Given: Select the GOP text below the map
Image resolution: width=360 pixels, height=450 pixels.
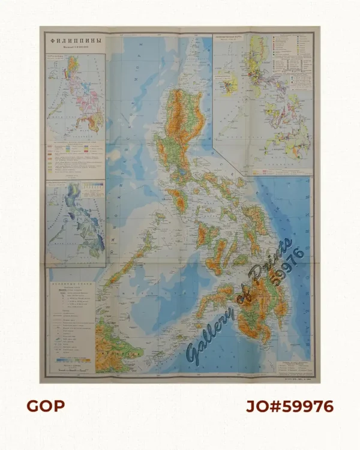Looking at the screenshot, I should point(45,406).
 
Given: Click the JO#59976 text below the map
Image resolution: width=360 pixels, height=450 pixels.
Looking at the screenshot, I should point(290,406).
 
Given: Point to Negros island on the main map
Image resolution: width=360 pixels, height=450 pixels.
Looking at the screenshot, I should point(217,255).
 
